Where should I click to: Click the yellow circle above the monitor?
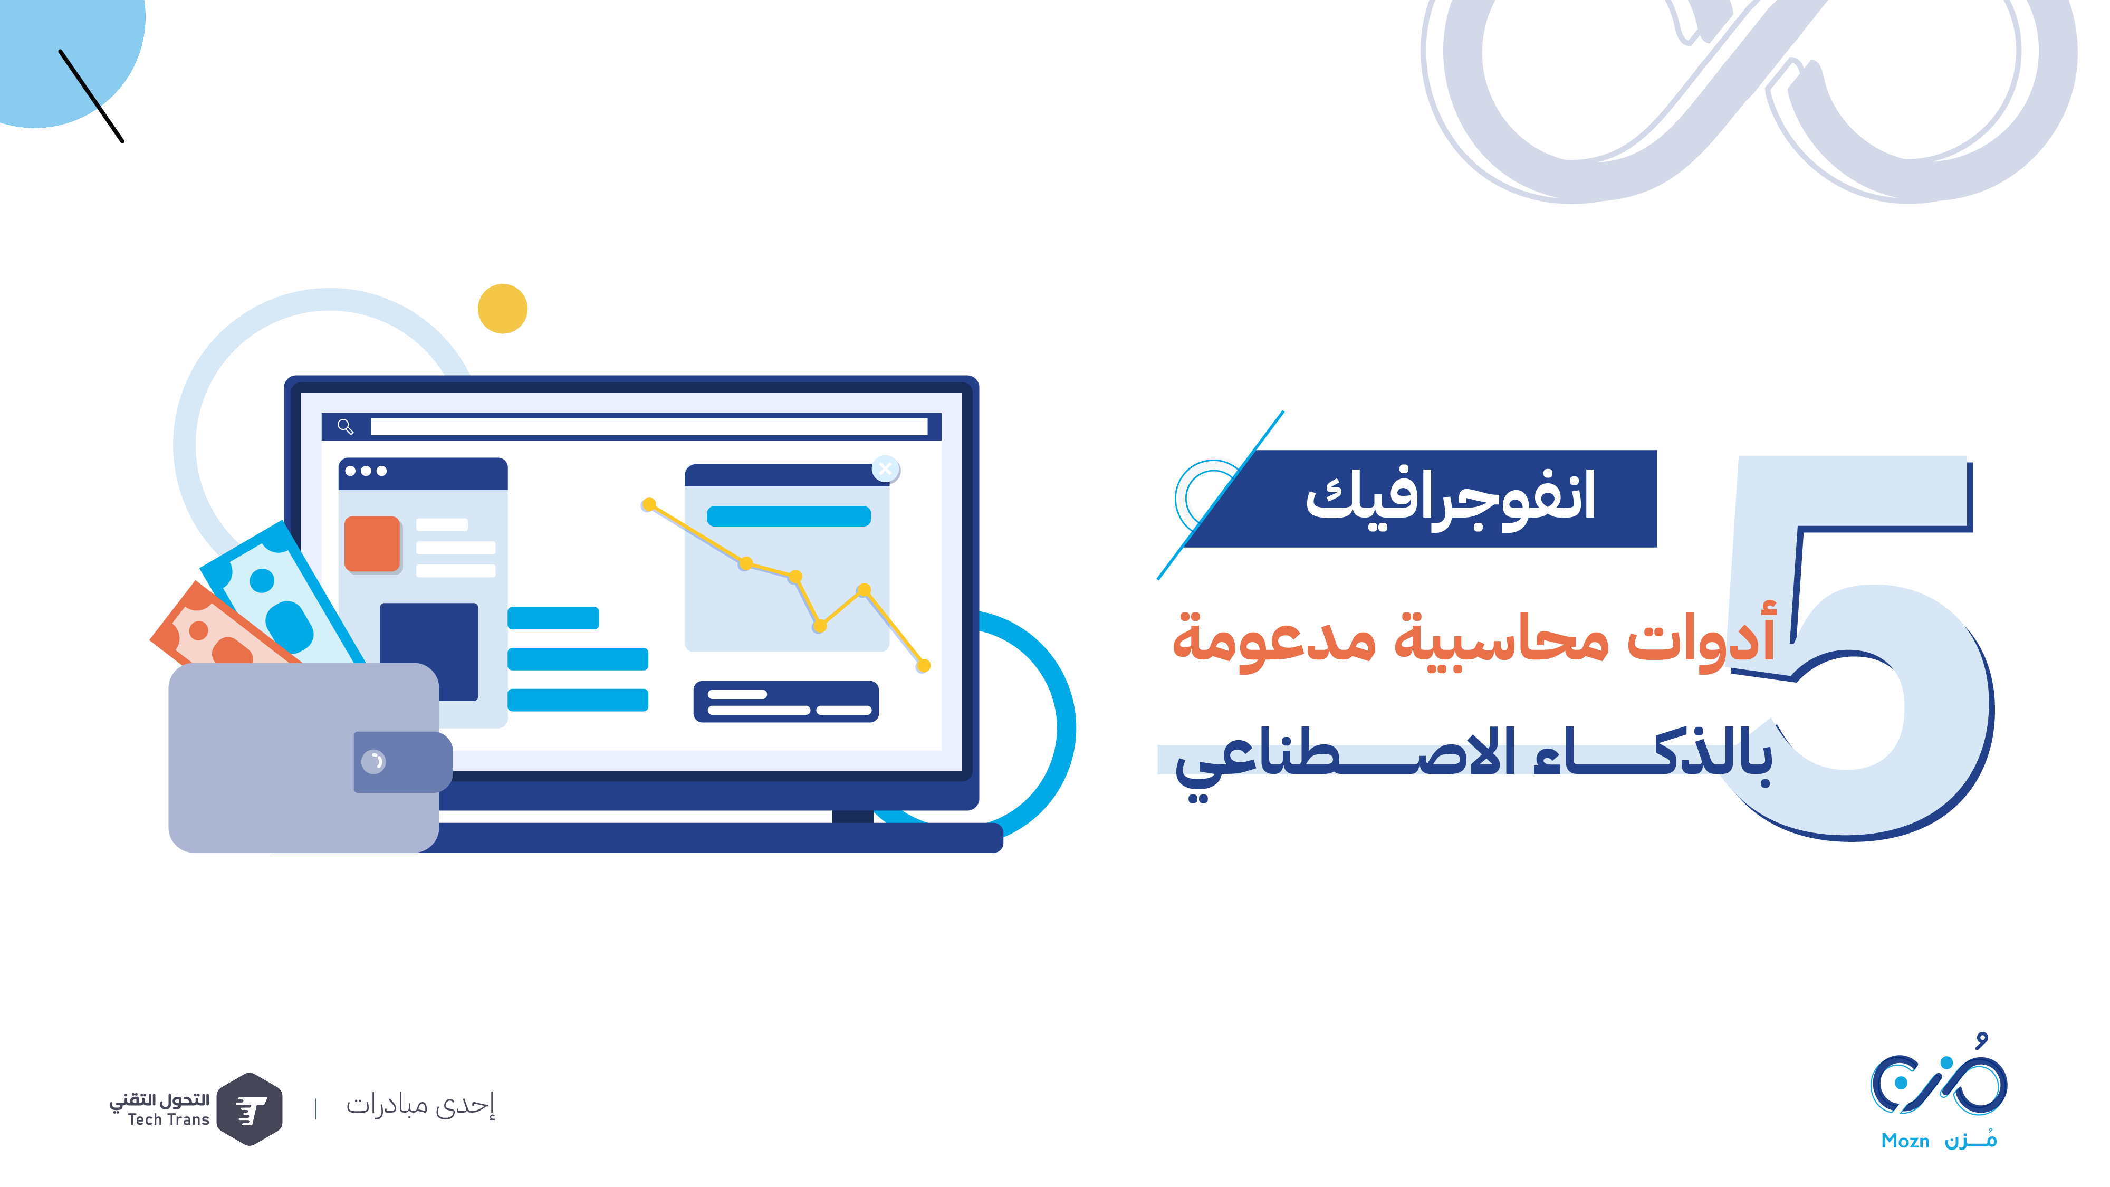(x=502, y=309)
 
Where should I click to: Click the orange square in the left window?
(x=372, y=543)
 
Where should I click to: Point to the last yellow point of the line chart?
(x=923, y=666)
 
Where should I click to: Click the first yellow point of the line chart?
(x=649, y=504)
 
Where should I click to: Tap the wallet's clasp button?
(x=373, y=762)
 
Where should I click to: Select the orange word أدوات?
(x=1701, y=637)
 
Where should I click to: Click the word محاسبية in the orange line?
(x=1501, y=638)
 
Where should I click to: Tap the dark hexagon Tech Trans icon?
(x=250, y=1109)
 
